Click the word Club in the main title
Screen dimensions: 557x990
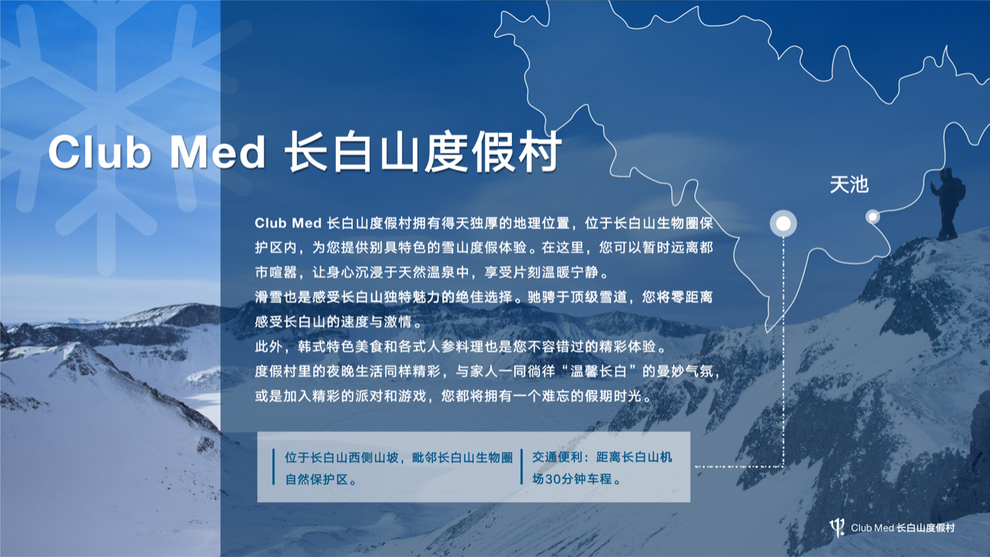click(x=99, y=153)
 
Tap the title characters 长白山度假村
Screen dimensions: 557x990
click(x=422, y=153)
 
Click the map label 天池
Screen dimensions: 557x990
click(x=848, y=185)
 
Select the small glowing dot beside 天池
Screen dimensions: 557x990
click(x=872, y=217)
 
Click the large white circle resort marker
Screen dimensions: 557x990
click(x=783, y=224)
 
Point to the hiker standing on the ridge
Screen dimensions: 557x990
click(x=947, y=203)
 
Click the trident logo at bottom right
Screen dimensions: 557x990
click(x=837, y=528)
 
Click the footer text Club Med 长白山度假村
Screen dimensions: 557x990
click(x=903, y=528)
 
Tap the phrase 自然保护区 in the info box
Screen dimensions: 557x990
click(x=314, y=479)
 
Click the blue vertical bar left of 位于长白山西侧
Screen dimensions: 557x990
click(x=274, y=466)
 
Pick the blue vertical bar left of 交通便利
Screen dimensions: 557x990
click(x=521, y=466)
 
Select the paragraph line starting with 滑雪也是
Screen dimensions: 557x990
click(x=483, y=297)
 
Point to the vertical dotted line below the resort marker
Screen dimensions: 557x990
click(x=783, y=348)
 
